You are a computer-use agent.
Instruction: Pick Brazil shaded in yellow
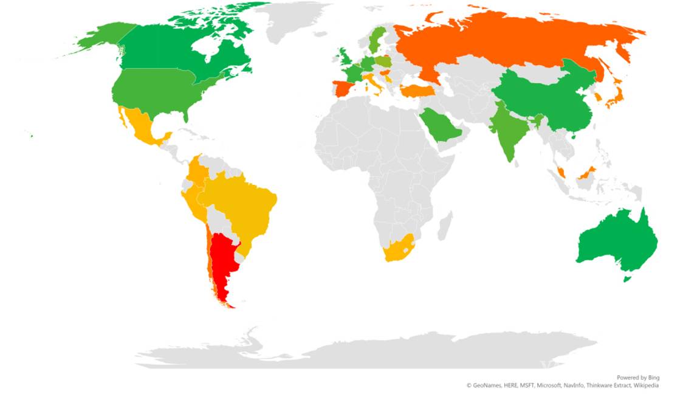243,201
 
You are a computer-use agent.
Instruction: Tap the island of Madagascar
445,225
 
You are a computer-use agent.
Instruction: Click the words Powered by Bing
637,378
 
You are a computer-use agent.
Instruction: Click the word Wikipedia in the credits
646,385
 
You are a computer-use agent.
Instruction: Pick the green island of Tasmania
628,279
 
